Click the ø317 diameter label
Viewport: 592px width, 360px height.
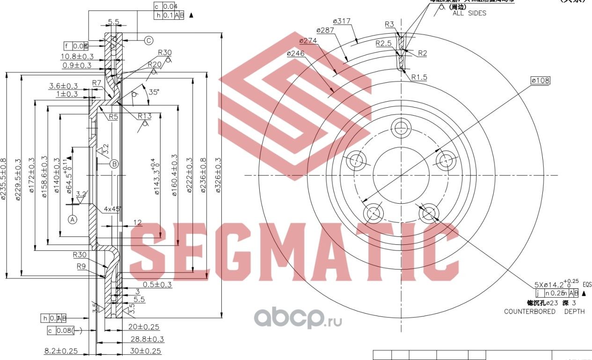click(x=342, y=21)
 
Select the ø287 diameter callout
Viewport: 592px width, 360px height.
click(x=325, y=30)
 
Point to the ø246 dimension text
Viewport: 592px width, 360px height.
click(x=296, y=53)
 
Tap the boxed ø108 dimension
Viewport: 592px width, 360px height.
click(x=540, y=81)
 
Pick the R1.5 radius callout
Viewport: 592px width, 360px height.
click(x=419, y=77)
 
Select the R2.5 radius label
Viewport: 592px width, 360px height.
click(x=384, y=43)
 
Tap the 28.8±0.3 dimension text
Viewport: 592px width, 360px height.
click(x=147, y=339)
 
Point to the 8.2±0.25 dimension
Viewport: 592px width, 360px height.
click(x=61, y=351)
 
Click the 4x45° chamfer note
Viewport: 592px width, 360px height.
click(x=112, y=208)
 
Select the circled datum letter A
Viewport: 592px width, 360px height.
click(x=72, y=219)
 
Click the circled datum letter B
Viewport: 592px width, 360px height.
click(x=114, y=164)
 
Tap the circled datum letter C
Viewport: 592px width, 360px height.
click(x=148, y=41)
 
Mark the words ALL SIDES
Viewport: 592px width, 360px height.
click(x=469, y=13)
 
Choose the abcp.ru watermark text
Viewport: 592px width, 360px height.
click(x=298, y=318)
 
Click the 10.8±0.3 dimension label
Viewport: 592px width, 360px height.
click(x=77, y=57)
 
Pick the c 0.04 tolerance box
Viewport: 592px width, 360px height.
click(x=166, y=6)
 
